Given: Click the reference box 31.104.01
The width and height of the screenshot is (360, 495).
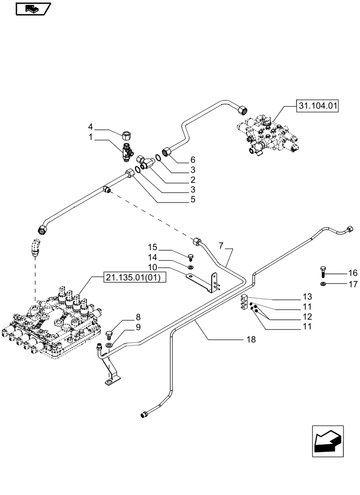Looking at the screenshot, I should (x=317, y=105).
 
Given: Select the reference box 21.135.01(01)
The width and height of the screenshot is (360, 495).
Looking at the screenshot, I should (x=135, y=278).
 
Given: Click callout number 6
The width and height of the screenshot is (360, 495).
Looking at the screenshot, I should (x=192, y=160).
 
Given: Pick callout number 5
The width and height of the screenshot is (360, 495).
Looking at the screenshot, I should (x=192, y=199).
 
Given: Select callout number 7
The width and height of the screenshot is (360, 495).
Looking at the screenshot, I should (x=221, y=246).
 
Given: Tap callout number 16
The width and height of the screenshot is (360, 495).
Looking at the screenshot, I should (x=338, y=273).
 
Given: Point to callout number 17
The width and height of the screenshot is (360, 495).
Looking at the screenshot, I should (x=338, y=284).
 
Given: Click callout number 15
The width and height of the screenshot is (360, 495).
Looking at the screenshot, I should (x=152, y=247).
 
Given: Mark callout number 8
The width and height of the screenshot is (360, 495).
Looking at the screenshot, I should (x=138, y=317).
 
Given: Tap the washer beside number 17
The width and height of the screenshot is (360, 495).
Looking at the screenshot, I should (x=322, y=284).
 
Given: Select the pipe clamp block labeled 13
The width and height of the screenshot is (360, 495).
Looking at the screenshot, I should (x=245, y=303).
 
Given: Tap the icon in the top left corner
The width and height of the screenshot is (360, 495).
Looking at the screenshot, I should (x=34, y=8).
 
